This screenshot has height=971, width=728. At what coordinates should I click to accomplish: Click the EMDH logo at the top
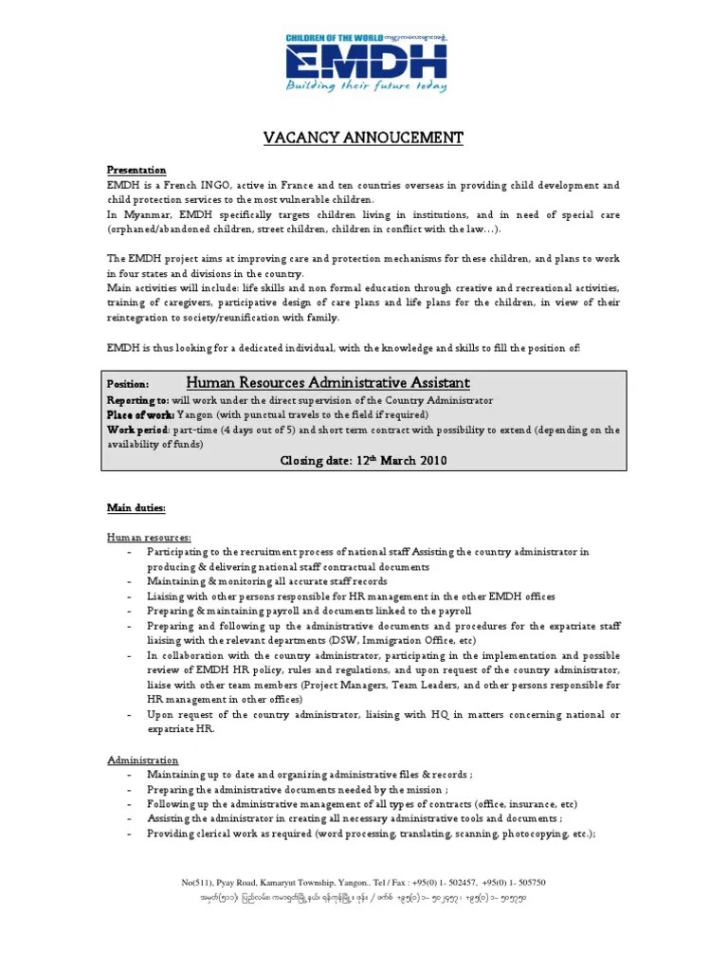pos(364,62)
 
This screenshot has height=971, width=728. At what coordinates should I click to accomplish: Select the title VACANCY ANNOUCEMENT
pos(363,138)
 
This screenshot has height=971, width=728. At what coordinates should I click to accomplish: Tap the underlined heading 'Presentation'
pos(136,170)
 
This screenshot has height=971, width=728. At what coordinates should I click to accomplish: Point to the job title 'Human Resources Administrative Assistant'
pos(327,383)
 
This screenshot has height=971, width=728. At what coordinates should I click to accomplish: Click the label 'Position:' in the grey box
pos(127,385)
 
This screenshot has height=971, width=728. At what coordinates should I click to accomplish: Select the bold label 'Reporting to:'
pos(137,401)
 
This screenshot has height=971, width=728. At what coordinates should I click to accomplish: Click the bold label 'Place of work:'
pos(139,415)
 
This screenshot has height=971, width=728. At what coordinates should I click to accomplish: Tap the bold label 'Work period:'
pos(137,430)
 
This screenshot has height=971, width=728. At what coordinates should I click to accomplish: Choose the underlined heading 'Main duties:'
pos(136,508)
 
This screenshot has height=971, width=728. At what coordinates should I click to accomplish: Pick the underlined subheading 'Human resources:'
pos(148,538)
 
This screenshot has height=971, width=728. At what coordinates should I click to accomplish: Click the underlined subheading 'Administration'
pos(141,760)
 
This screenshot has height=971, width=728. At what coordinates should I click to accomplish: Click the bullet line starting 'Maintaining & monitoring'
pos(266,581)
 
